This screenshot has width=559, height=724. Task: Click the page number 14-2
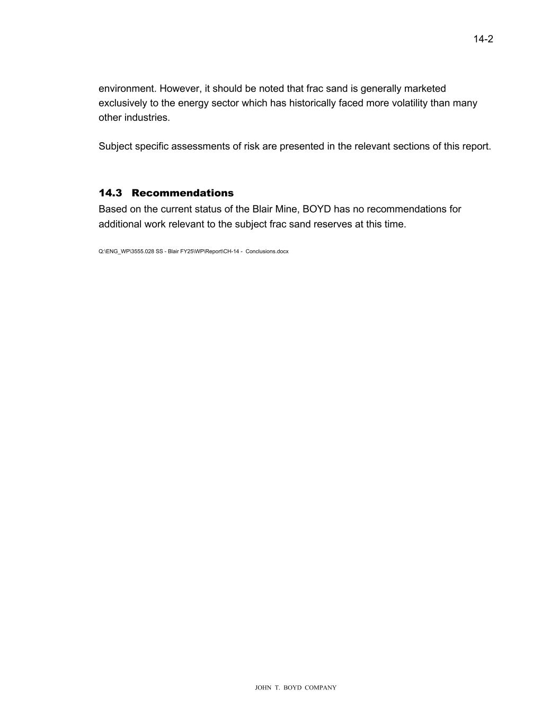pyautogui.click(x=483, y=39)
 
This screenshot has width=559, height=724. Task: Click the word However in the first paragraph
pyautogui.click(x=180, y=89)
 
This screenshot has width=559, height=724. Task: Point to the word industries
pyautogui.click(x=147, y=117)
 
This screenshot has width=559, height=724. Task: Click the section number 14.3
pyautogui.click(x=110, y=193)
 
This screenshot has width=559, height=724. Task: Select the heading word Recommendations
pyautogui.click(x=182, y=193)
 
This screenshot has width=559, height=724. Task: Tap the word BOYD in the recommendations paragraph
pyautogui.click(x=316, y=209)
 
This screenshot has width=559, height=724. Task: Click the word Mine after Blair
pyautogui.click(x=286, y=209)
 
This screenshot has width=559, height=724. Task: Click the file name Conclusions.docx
pyautogui.click(x=267, y=251)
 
